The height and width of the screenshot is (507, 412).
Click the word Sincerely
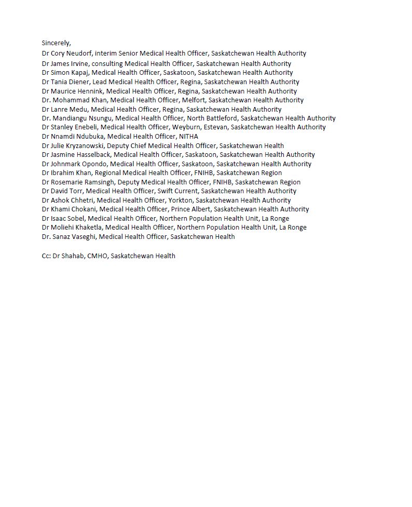(56, 43)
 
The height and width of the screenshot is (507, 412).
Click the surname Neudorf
(79, 54)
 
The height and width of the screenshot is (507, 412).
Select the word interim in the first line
(106, 54)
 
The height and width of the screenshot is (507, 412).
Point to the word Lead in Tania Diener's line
(99, 82)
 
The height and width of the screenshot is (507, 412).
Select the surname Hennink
(90, 91)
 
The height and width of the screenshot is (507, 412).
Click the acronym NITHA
(188, 137)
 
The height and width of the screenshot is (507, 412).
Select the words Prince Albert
(190, 209)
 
